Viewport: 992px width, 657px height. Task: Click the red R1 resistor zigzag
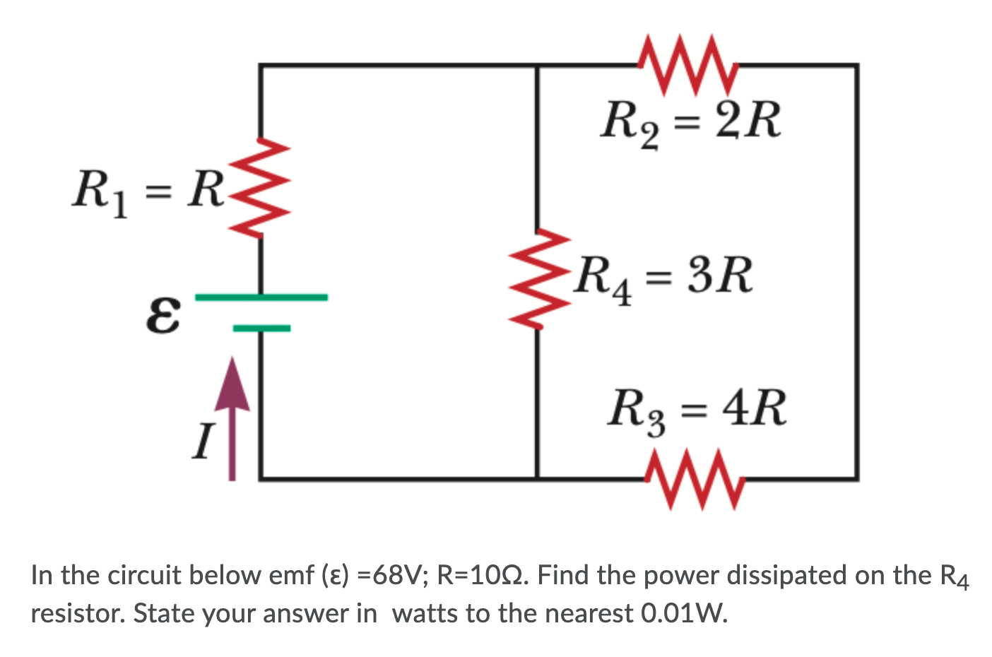[x=262, y=189]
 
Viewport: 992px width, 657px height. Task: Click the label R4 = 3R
[x=663, y=277]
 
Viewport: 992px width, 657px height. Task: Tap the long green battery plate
[x=261, y=297]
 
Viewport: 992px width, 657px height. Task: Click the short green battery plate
[x=261, y=328]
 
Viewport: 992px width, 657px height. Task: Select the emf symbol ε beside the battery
[x=163, y=314]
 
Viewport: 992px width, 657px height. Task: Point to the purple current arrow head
[x=232, y=385]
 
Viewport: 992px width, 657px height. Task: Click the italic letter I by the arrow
[x=203, y=442]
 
